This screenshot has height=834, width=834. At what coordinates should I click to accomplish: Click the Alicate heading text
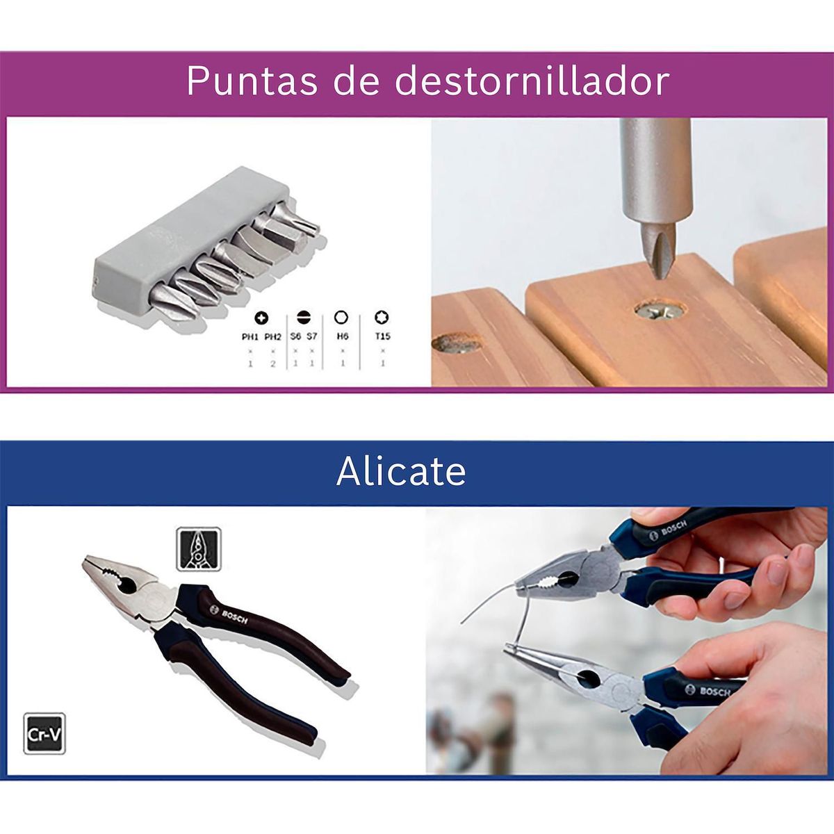(x=401, y=472)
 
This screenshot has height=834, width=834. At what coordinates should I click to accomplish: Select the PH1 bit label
(x=250, y=336)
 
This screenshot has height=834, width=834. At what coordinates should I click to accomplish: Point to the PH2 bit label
(x=273, y=336)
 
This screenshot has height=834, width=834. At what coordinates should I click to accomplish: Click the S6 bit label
(x=295, y=336)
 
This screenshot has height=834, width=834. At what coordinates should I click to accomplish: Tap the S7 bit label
(x=312, y=336)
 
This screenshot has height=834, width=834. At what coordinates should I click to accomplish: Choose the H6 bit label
(x=342, y=336)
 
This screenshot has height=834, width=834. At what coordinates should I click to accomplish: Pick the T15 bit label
(x=382, y=336)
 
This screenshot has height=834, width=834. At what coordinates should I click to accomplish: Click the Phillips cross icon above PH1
(x=261, y=318)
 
